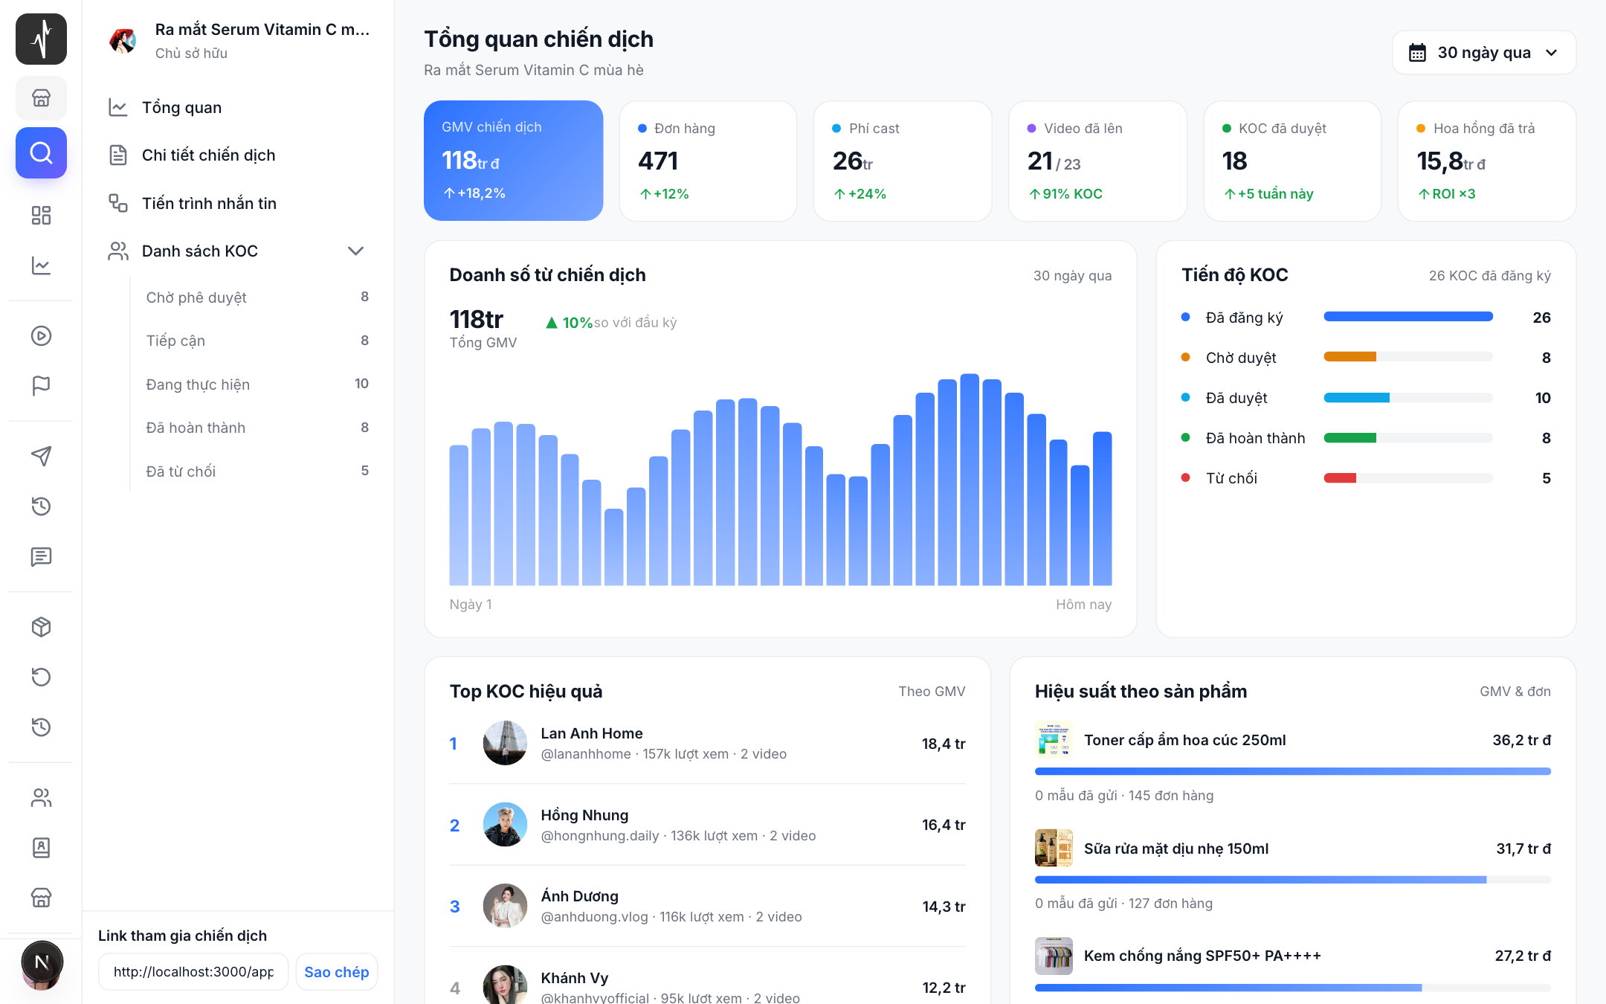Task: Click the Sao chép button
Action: click(337, 972)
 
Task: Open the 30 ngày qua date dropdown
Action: click(1484, 53)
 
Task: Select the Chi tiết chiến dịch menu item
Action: click(208, 155)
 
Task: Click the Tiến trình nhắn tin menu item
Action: click(209, 203)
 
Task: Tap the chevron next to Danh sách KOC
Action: click(355, 251)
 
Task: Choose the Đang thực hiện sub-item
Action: click(198, 384)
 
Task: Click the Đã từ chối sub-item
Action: click(181, 472)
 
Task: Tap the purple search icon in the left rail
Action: click(41, 153)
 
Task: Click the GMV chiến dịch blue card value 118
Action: click(459, 161)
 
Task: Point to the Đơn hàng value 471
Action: click(658, 161)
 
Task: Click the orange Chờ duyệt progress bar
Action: click(1350, 357)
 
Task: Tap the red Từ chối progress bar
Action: click(1340, 478)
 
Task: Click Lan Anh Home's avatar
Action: click(505, 743)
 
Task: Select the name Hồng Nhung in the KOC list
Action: click(584, 815)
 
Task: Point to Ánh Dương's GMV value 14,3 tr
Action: click(944, 907)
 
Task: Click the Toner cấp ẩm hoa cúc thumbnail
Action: click(1054, 740)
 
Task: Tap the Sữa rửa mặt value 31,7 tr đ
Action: click(1523, 849)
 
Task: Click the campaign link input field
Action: click(193, 972)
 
